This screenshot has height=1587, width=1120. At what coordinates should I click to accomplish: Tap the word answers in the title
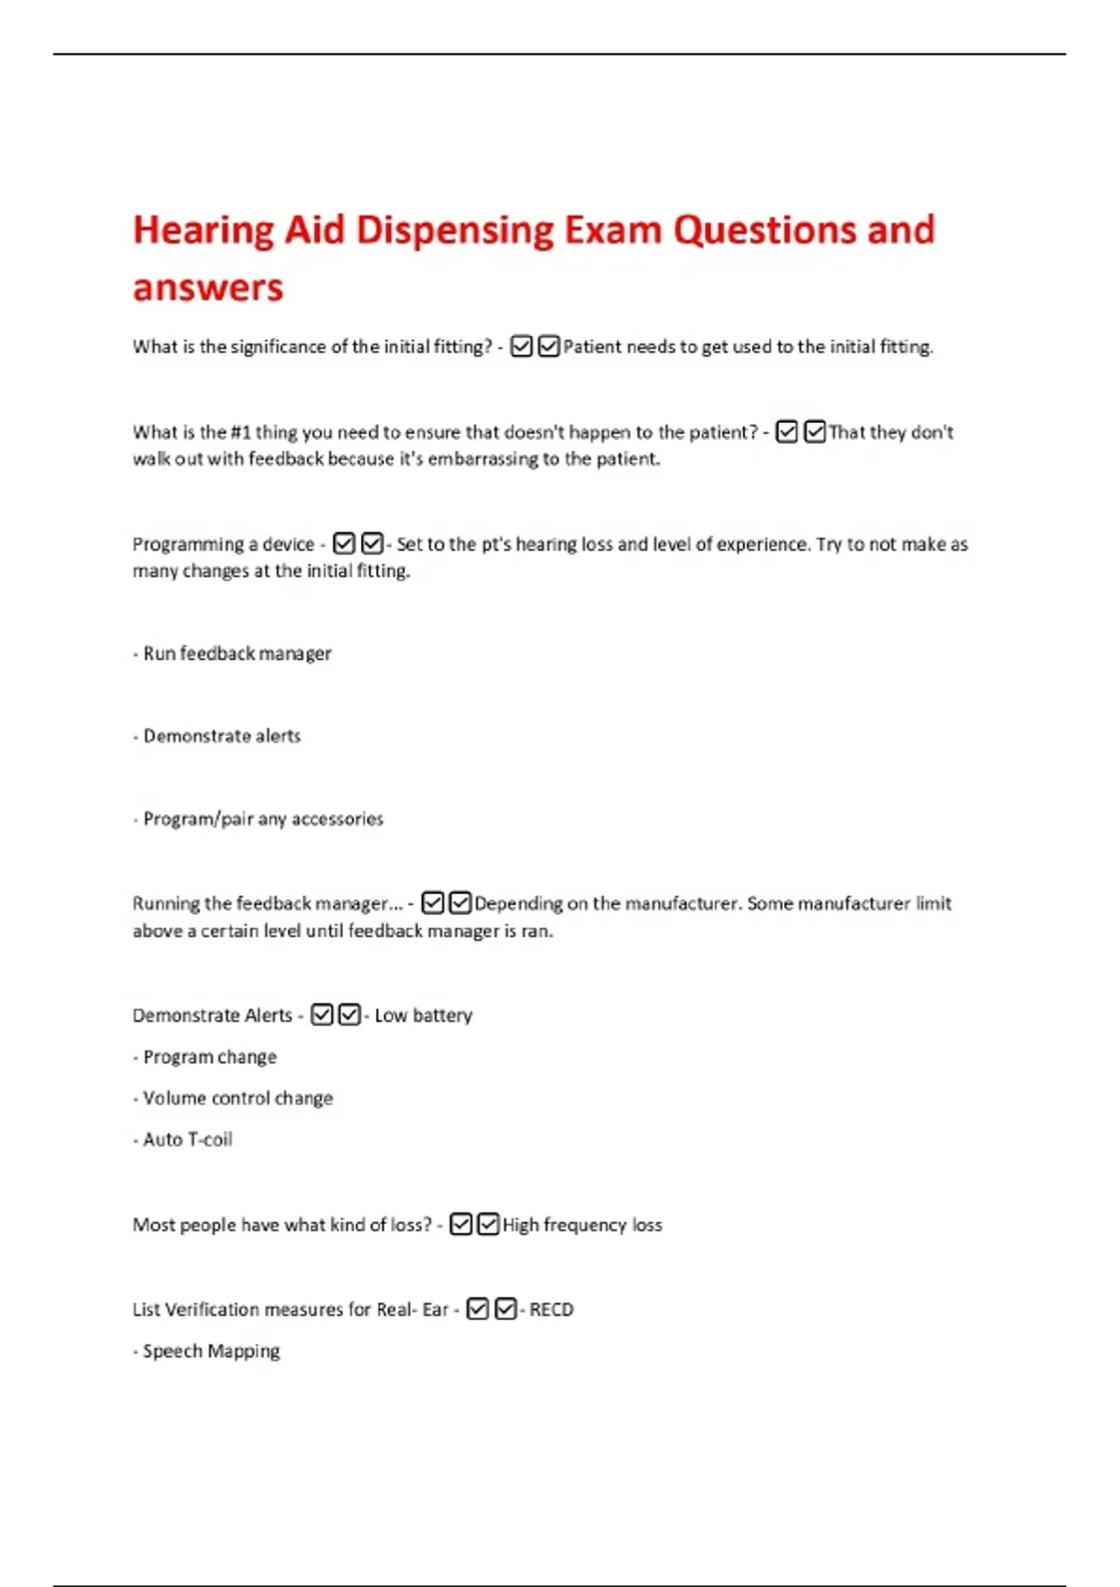207,288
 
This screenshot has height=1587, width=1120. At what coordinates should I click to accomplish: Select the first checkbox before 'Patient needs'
522,346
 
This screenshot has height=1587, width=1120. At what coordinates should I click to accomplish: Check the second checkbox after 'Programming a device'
371,543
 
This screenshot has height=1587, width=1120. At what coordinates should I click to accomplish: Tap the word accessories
337,820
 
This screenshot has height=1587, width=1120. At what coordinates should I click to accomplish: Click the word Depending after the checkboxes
518,904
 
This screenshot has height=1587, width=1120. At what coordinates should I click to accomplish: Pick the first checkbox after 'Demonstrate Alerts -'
322,1015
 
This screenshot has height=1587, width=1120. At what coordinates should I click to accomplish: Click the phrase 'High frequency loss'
582,1225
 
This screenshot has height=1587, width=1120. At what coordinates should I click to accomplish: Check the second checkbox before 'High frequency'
488,1224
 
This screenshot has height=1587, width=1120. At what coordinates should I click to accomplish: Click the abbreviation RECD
552,1310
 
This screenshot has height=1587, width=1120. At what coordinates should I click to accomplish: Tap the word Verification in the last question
212,1310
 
